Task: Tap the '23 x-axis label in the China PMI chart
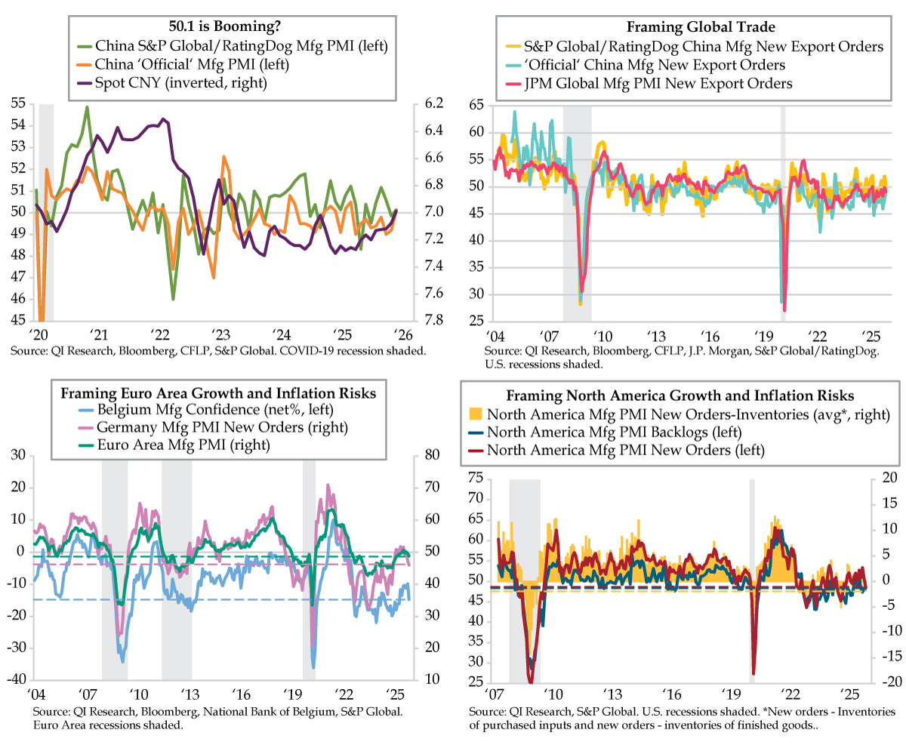(220, 335)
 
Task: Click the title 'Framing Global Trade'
(684, 27)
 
